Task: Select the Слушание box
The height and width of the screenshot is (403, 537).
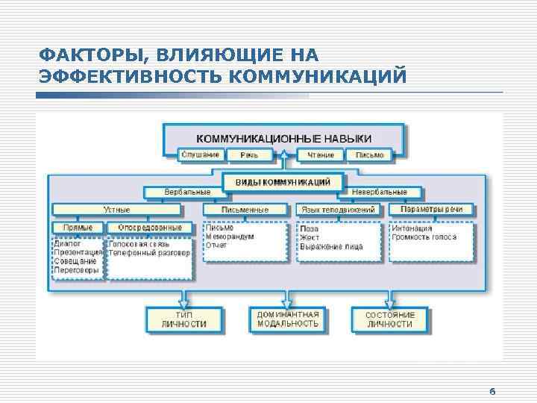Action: coord(201,154)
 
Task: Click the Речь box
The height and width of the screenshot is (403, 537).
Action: coord(248,154)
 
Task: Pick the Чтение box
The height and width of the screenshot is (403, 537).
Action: coord(321,154)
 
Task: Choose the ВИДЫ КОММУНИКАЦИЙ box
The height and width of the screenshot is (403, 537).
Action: coord(283,181)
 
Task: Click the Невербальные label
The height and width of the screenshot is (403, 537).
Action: coord(382,193)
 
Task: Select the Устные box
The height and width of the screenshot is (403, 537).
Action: coord(116,210)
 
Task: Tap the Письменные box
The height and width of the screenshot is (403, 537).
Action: coord(247,210)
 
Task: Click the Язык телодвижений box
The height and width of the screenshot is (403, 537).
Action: coord(338,210)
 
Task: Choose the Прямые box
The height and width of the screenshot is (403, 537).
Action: coord(78,227)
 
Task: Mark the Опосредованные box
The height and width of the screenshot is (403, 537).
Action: coord(149,227)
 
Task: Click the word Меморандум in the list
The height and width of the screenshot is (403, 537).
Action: coord(230,237)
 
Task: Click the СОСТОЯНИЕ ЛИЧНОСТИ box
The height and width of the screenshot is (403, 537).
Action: coord(389,319)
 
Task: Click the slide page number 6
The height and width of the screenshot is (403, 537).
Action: coord(492,391)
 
